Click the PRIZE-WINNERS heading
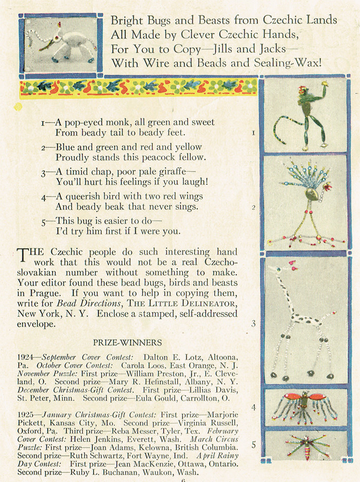127,342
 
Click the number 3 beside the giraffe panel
253,324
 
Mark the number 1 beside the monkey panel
254,133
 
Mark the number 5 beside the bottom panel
254,444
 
